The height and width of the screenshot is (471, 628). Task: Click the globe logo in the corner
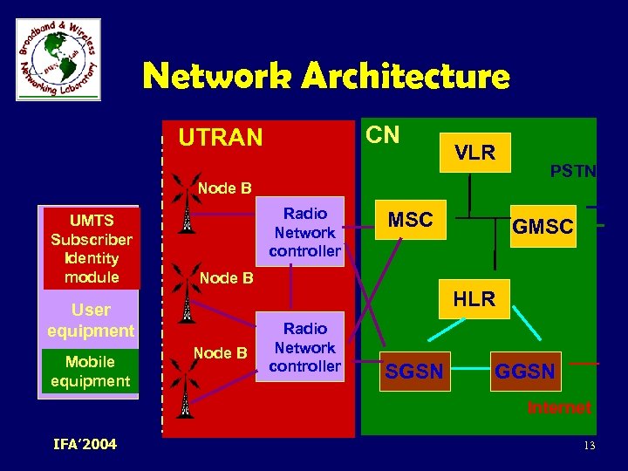[58, 59]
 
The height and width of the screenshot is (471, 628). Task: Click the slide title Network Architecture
[326, 77]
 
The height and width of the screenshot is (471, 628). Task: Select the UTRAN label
[220, 138]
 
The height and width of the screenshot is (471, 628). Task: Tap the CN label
[382, 134]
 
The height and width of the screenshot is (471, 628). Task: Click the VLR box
[474, 153]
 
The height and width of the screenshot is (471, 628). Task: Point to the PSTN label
[573, 171]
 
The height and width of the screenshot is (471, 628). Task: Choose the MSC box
[410, 220]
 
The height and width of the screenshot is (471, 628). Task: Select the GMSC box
[543, 227]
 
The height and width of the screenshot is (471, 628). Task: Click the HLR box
[474, 299]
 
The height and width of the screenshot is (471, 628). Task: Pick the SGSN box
[414, 372]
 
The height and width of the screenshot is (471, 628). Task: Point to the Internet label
[559, 407]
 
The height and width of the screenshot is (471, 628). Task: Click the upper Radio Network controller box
[305, 232]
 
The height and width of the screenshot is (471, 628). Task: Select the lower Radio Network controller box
[305, 347]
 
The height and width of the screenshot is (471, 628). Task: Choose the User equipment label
[91, 320]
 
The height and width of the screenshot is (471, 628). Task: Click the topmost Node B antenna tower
[185, 207]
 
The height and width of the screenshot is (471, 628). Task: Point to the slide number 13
[590, 447]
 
